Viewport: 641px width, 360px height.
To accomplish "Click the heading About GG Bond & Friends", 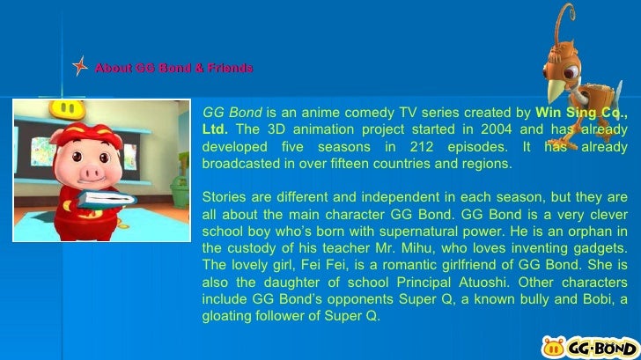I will click(173, 68).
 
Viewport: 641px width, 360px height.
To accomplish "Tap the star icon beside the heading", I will click(80, 68).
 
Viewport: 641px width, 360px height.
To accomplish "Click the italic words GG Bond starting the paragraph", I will click(232, 113).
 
